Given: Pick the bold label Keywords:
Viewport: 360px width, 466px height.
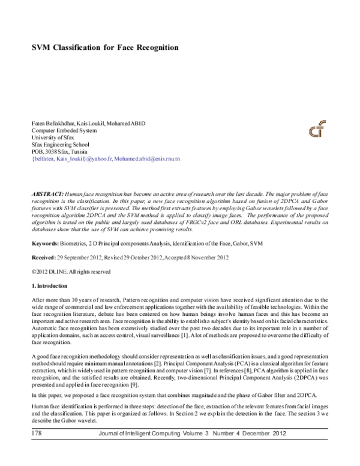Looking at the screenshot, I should point(45,244).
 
